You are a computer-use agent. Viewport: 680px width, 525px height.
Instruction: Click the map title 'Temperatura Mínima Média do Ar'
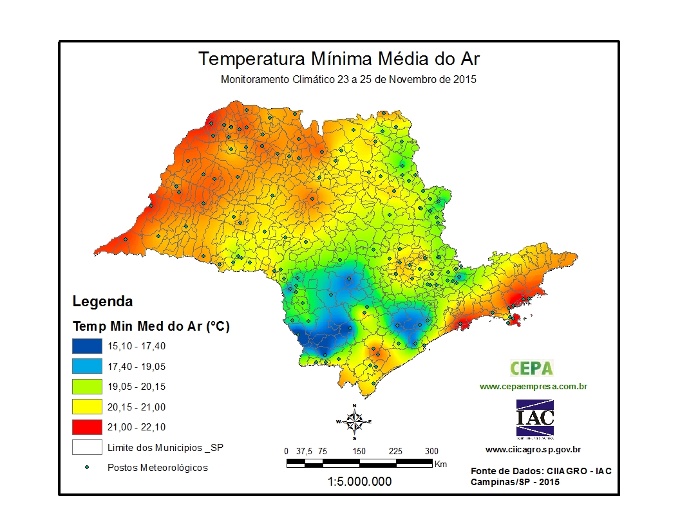(x=339, y=59)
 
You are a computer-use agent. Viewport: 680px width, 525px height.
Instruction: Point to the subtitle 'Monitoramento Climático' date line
(x=348, y=80)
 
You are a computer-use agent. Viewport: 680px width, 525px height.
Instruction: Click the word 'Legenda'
(x=102, y=301)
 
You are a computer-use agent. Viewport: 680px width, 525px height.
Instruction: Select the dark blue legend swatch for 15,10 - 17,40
(x=87, y=346)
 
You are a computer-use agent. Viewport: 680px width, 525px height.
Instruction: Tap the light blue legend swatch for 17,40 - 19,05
(x=87, y=367)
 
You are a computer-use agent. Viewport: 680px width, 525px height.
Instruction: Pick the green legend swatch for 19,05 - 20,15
(x=87, y=387)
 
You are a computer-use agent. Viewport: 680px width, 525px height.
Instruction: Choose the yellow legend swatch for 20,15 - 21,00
(x=87, y=407)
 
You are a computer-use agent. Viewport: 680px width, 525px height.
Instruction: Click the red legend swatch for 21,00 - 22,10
(x=87, y=427)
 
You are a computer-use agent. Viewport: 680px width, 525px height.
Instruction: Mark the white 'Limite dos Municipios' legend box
(x=87, y=447)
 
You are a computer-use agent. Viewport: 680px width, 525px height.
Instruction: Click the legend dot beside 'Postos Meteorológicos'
(x=87, y=467)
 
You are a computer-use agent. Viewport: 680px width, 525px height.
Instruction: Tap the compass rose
(x=354, y=421)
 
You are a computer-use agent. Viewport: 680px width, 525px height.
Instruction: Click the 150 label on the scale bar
(x=359, y=451)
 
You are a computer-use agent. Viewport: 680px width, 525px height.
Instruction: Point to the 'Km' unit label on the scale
(x=440, y=463)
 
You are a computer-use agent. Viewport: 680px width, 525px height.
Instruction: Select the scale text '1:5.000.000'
(x=359, y=481)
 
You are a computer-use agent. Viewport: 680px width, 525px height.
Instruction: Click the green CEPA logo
(x=531, y=368)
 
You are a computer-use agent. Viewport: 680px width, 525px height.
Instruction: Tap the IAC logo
(x=534, y=418)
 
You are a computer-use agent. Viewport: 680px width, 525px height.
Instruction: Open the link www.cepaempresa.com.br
(x=533, y=387)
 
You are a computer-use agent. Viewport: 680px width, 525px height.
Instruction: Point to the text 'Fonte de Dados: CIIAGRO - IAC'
(x=541, y=471)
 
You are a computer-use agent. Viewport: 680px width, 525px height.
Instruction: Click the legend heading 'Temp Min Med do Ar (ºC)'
(x=151, y=326)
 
